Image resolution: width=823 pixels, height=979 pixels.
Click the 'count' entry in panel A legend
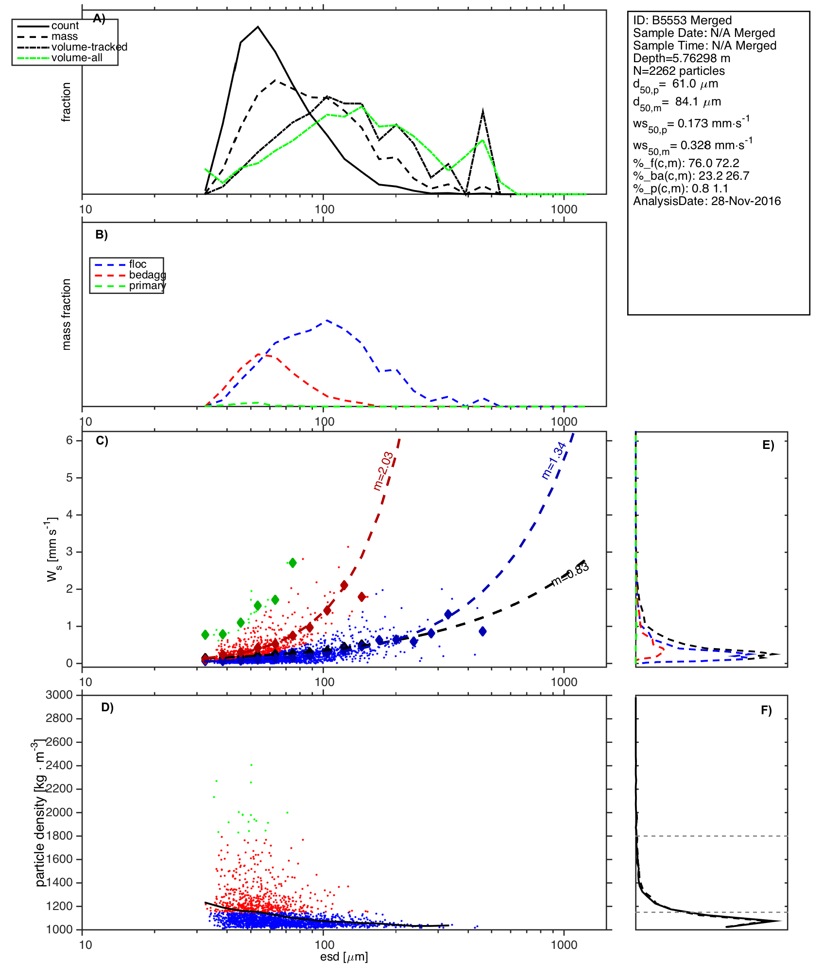click(x=65, y=26)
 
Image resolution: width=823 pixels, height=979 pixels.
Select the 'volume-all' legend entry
click(x=77, y=58)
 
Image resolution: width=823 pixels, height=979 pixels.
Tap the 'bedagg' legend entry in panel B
click(x=147, y=275)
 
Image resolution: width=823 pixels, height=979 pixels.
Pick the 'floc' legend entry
click(x=137, y=264)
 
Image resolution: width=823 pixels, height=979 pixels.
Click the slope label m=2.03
click(x=383, y=471)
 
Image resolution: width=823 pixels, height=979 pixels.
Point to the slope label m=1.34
click(x=554, y=460)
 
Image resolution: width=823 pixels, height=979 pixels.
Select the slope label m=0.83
click(x=570, y=574)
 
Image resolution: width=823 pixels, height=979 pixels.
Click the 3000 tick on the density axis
click(x=59, y=695)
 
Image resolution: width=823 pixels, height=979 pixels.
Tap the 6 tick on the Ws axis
click(x=69, y=440)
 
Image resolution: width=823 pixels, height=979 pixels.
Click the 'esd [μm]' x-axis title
click(x=344, y=957)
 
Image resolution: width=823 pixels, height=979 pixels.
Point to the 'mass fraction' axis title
click(x=67, y=314)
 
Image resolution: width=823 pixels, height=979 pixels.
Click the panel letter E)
click(x=768, y=445)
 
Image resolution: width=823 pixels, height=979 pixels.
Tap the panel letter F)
click(x=766, y=710)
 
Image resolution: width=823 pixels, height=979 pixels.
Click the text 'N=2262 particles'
click(x=679, y=71)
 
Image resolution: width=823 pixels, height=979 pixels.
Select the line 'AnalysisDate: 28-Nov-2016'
click(x=707, y=201)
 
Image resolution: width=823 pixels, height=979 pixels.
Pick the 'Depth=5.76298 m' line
click(x=681, y=58)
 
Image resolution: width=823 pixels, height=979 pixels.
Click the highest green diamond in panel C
click(x=292, y=563)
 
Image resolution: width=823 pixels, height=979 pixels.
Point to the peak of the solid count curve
click(x=258, y=27)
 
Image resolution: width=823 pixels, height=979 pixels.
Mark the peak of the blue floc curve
click(x=327, y=320)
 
